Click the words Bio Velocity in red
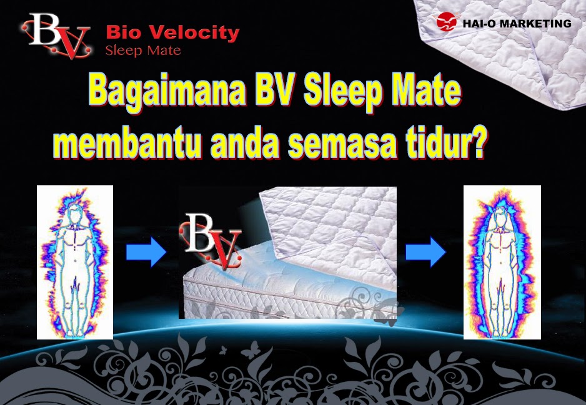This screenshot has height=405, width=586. click(172, 32)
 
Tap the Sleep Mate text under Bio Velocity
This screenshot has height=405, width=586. click(143, 51)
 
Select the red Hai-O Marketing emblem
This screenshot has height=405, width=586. click(447, 23)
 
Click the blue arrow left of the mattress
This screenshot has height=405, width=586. click(146, 253)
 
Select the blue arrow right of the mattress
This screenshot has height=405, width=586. click(425, 253)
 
